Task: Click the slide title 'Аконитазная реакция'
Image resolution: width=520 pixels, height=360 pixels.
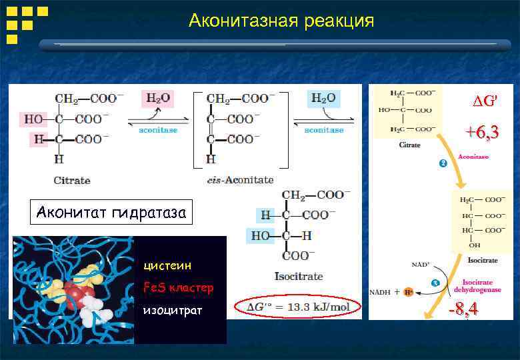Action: coord(281,21)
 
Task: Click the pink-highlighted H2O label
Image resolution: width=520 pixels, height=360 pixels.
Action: coord(158,99)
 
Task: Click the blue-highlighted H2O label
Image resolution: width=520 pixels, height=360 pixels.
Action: coord(323,99)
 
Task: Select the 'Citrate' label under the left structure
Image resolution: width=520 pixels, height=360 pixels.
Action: coord(72,180)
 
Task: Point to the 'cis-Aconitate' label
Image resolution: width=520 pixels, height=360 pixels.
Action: coord(240,180)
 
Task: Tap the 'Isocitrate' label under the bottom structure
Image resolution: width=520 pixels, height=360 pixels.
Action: coord(299,275)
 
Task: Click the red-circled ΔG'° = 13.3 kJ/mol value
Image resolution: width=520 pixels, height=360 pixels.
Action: coord(297,307)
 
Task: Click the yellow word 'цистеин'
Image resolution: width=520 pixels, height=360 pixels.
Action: coord(167,265)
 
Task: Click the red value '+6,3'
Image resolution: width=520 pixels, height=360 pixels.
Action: coord(482,133)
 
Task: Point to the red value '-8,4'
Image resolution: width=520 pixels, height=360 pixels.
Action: coord(463,309)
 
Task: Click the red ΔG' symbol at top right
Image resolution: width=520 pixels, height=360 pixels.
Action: coord(485,102)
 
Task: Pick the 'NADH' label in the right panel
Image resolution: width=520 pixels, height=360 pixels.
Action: coord(381,292)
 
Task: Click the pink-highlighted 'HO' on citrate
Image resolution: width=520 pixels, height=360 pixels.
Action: coord(33,119)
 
